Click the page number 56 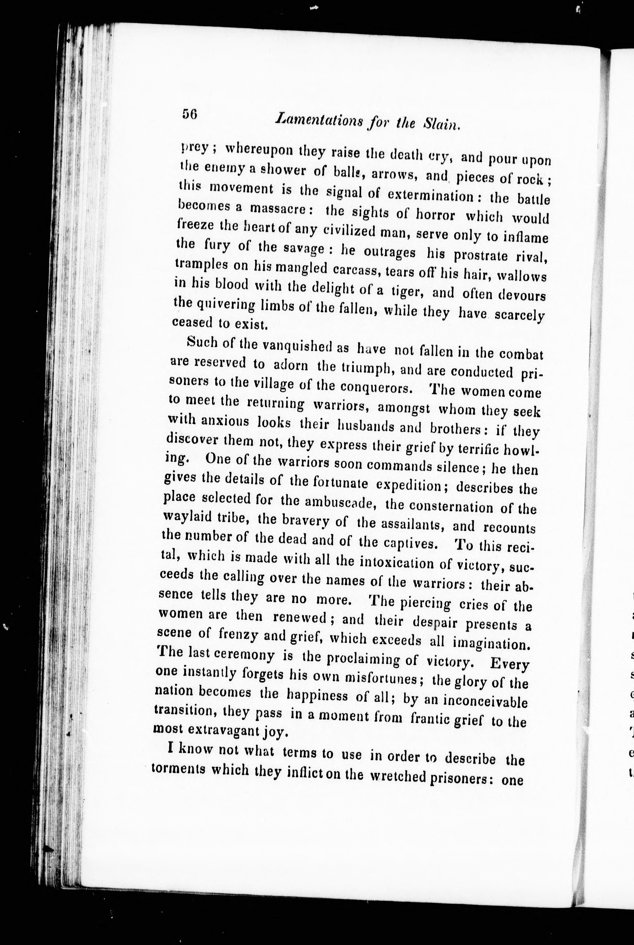189,114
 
